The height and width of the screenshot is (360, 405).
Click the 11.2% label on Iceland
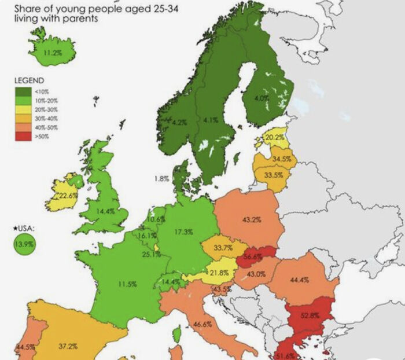tap(52, 53)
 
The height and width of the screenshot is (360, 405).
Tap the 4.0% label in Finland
tap(262, 99)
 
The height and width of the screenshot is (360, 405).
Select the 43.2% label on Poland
tap(252, 220)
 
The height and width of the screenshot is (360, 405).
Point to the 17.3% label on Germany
tap(183, 232)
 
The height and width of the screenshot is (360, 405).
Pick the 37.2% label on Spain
tap(68, 347)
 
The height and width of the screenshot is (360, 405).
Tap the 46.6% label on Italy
tap(203, 324)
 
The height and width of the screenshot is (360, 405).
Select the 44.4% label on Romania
tap(299, 280)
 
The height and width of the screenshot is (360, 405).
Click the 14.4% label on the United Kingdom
tap(105, 211)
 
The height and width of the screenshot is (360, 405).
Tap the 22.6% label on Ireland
tap(68, 196)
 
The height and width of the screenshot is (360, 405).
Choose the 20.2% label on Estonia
tap(274, 138)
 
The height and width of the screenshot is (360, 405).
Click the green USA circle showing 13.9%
tap(23, 244)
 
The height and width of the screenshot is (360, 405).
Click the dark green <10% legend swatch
tap(23, 91)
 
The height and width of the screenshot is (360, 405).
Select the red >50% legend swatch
tap(23, 137)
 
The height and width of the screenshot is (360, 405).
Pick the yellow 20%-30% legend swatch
tap(23, 109)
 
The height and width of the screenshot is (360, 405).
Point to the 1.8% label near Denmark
tap(161, 179)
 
